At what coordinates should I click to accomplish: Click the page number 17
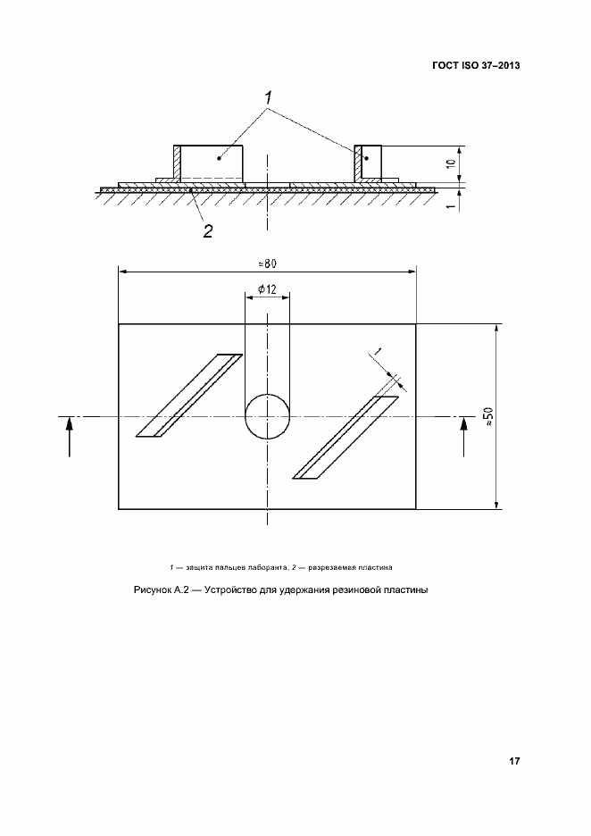pos(513,761)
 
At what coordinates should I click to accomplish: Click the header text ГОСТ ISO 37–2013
pos(476,65)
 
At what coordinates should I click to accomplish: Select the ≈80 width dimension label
pos(267,263)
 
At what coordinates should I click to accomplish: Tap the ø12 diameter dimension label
pos(267,289)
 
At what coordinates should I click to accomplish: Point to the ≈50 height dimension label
pos(488,416)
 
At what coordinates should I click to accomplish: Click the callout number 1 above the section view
pos(268,98)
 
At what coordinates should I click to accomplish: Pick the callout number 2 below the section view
pos(207,230)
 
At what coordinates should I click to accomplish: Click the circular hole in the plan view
pos(267,416)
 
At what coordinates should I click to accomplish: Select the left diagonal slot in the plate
pos(189,396)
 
